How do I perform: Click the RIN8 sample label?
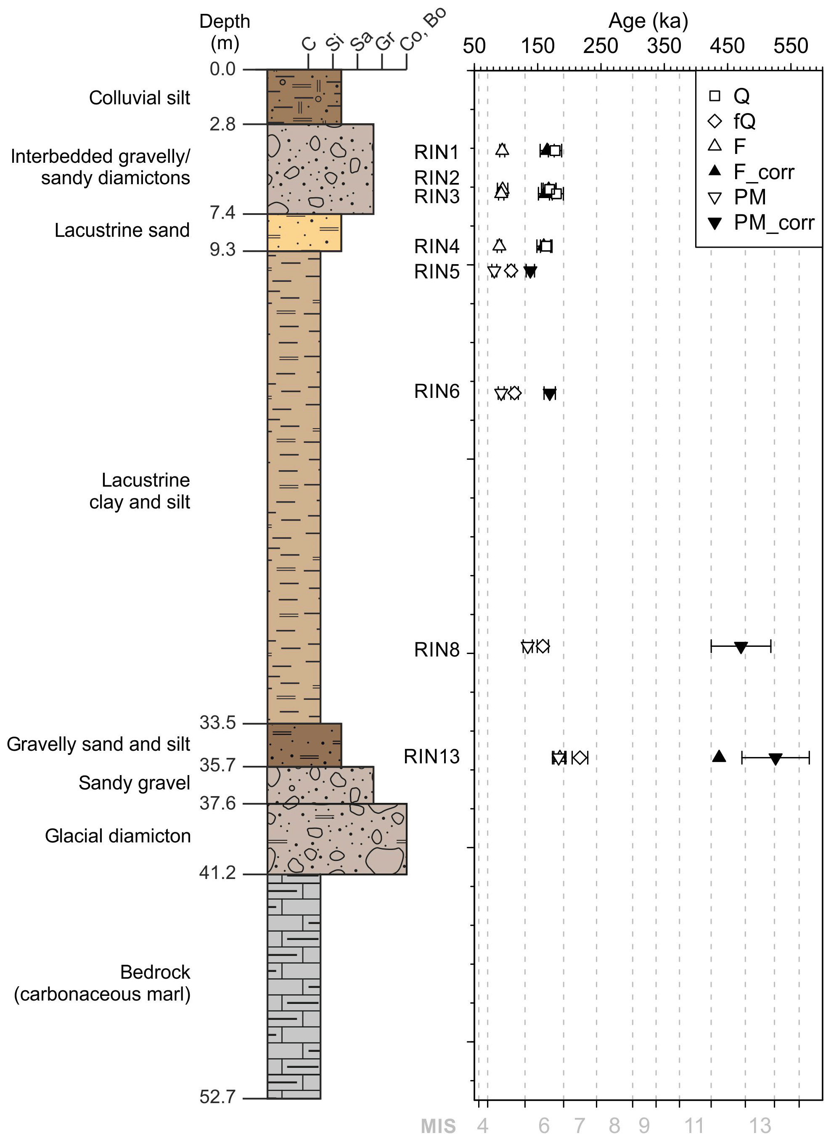tap(436, 650)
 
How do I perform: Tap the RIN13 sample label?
tap(431, 757)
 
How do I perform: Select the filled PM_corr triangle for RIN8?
tap(741, 648)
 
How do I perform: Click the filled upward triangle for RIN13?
tap(719, 756)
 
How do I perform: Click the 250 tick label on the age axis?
tap(601, 46)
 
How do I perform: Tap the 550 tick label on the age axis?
tap(791, 46)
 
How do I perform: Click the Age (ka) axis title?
tap(648, 21)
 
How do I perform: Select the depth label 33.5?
tap(218, 723)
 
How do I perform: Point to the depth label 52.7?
tap(218, 1097)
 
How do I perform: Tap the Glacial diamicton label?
tap(118, 836)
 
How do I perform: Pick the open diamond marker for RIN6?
tap(514, 393)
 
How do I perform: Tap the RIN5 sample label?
tap(436, 272)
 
